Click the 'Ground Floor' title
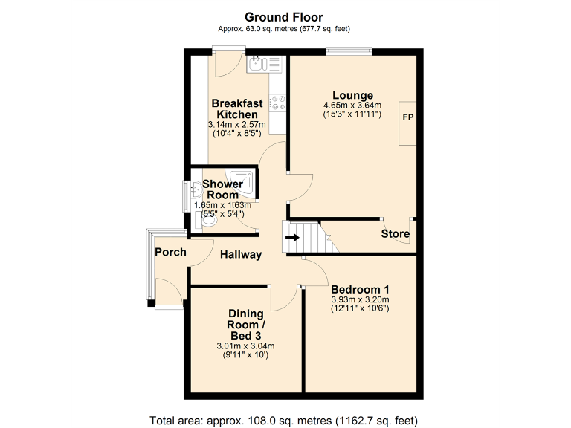coord(285,17)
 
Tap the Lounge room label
coord(352,95)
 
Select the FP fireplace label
coord(407,118)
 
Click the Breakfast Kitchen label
coord(236,108)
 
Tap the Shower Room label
coord(222,189)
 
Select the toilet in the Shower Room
coord(209,220)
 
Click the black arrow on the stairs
coord(292,238)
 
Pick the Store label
coord(395,234)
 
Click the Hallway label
coord(241,255)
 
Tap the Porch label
coord(170,252)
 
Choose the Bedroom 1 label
coord(360,289)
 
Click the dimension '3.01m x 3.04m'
coord(245,346)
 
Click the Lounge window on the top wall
coord(349,51)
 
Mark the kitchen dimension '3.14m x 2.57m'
coord(236,124)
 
